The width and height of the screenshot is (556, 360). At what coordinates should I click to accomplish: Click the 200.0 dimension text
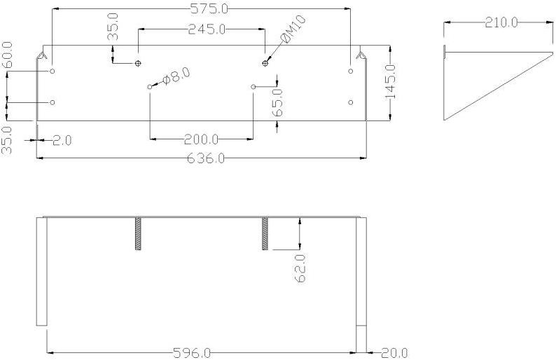[201, 139]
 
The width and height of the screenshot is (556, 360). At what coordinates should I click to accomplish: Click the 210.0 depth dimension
[501, 22]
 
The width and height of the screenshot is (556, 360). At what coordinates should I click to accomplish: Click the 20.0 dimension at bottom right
[394, 353]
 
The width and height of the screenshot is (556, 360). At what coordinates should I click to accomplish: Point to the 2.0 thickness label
[62, 140]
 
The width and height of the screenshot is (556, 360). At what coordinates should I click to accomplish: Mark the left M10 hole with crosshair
[138, 63]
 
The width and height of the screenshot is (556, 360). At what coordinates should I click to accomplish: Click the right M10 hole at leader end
[265, 63]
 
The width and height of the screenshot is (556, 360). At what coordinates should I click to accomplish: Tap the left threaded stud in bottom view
[138, 234]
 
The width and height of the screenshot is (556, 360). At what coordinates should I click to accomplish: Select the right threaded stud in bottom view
[265, 234]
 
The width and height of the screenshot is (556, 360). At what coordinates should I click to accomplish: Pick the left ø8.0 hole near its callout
[150, 86]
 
